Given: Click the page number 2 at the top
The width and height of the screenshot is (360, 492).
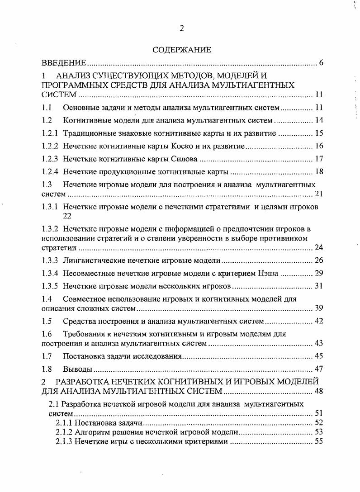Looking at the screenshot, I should tap(182, 28).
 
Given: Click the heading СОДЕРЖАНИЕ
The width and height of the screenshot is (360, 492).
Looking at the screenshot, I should tap(182, 50).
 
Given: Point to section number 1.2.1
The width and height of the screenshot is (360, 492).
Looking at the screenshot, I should tap(50, 133).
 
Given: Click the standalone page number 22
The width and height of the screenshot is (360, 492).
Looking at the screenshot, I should tap(67, 216).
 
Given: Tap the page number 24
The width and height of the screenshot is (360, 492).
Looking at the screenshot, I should tap(318, 248).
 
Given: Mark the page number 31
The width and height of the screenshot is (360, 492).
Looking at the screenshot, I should tap(318, 286).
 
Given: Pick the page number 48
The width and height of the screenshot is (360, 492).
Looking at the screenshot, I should tap(318, 391).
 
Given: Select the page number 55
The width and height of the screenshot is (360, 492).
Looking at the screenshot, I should tap(318, 441).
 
